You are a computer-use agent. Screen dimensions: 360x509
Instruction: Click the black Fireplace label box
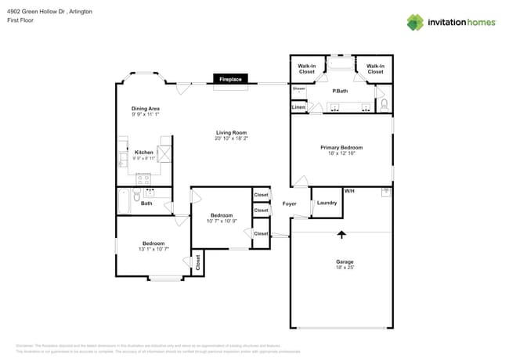(x=230, y=79)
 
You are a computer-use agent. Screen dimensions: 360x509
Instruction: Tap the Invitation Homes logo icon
(x=414, y=22)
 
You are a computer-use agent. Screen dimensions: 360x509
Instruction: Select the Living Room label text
(x=231, y=133)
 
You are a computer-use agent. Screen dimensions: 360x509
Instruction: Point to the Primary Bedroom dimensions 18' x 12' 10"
(x=341, y=153)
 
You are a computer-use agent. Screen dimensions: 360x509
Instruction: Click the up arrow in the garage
(x=341, y=233)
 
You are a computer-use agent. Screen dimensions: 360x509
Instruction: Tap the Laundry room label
(x=327, y=203)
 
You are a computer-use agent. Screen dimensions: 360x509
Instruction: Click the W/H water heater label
(x=349, y=191)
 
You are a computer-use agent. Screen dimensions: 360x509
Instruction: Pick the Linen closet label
(x=298, y=107)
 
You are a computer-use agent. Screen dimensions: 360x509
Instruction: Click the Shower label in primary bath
(x=298, y=88)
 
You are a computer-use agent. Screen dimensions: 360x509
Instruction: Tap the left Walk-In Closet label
(x=307, y=69)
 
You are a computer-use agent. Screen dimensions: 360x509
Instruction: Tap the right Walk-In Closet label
(x=375, y=69)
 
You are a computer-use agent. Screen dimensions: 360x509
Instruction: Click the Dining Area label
(x=146, y=108)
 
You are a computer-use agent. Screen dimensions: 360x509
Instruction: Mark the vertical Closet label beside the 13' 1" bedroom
(x=197, y=263)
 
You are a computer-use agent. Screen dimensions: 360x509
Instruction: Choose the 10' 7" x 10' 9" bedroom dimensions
(x=222, y=221)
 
